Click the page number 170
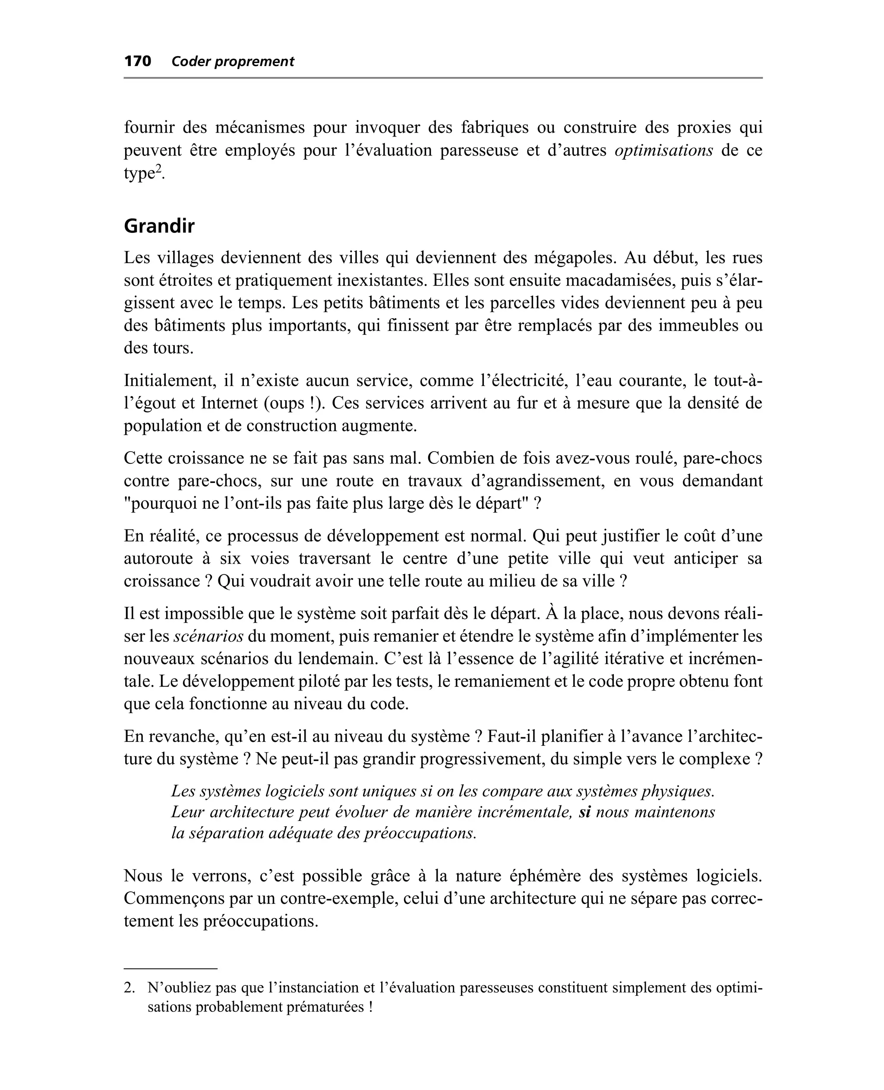coord(138,62)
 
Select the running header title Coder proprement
coord(233,62)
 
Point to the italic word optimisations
coord(663,151)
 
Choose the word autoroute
coord(158,558)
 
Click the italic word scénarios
coord(208,636)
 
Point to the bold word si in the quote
coord(584,812)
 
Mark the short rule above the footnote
coord(170,968)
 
